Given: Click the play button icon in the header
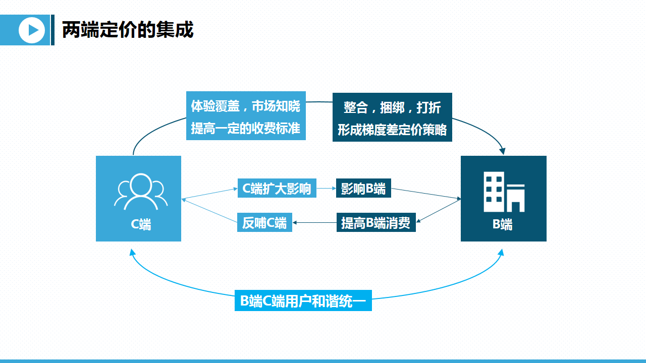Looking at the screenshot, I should (32, 30).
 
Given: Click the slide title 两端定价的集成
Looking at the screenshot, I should (128, 30).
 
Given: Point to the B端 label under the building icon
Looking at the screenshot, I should (503, 225).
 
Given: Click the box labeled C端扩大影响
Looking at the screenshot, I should (277, 189).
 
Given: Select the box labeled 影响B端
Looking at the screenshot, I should (363, 189).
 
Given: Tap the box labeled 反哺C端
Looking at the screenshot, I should (264, 223).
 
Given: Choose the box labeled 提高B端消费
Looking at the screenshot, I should (375, 223).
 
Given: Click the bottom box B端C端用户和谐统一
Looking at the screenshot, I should (303, 301).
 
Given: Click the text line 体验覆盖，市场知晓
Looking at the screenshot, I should (246, 106).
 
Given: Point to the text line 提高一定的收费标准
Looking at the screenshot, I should (246, 129).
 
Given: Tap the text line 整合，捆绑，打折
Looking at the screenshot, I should (392, 107).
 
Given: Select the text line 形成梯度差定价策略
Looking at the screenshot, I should (392, 130).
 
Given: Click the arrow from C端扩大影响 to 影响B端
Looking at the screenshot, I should (326, 189).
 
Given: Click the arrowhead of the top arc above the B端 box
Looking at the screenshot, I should (502, 151).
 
